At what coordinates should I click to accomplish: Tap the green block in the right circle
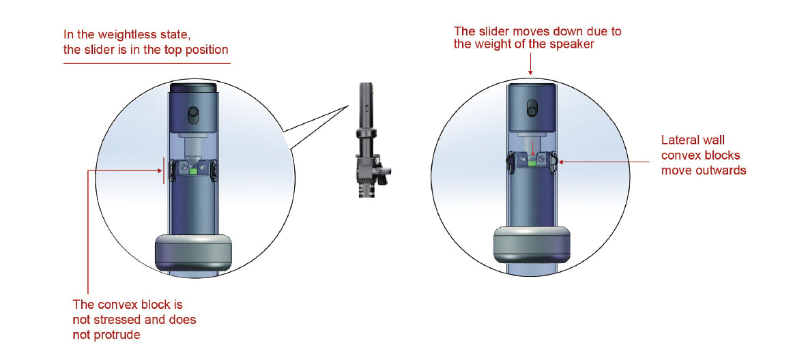tap(532, 164)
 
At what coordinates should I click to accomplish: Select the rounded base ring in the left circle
tap(194, 252)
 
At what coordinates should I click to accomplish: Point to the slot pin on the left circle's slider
tap(194, 113)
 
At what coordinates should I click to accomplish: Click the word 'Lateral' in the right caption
tap(678, 140)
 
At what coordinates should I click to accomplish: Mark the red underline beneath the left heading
tap(147, 63)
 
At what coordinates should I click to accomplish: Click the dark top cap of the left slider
tap(194, 88)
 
